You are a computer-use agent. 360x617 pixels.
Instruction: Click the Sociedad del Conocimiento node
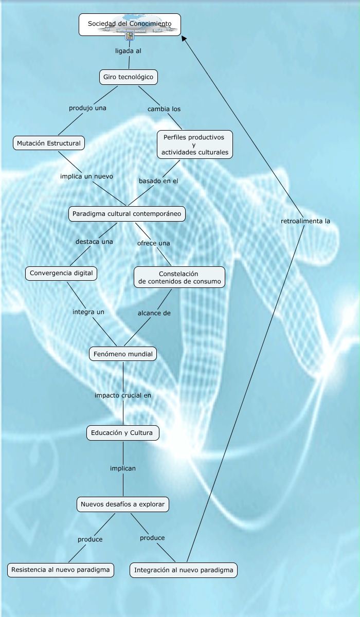tap(130, 24)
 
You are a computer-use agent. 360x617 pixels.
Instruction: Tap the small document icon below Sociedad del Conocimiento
tap(130, 36)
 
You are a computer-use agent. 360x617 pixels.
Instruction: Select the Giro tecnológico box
tap(128, 77)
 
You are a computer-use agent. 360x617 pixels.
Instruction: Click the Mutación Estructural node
tap(49, 143)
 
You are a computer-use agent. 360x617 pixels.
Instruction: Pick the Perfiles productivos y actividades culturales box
tap(194, 144)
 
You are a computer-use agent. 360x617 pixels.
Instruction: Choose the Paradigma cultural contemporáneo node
tap(127, 213)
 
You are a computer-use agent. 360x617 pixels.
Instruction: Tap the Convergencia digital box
tap(61, 273)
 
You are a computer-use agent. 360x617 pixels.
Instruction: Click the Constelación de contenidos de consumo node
tap(179, 277)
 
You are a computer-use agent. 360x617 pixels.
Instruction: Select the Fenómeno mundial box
tap(122, 354)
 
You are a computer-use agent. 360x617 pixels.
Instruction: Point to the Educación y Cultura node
tap(122, 433)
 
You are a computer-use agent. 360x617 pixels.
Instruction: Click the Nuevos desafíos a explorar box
tap(122, 504)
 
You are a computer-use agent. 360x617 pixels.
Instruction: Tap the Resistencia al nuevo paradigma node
tap(61, 570)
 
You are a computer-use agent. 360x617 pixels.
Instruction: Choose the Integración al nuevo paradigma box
tap(184, 570)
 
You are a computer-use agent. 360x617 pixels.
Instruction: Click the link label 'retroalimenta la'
tap(305, 221)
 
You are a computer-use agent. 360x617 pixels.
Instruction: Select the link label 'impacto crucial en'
tap(123, 395)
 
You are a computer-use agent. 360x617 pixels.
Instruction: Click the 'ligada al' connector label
tap(128, 51)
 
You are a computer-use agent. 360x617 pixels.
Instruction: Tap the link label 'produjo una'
tap(87, 108)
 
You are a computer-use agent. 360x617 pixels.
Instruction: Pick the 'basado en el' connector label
tap(158, 181)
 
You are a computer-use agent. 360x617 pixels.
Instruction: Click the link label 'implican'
tap(123, 468)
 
